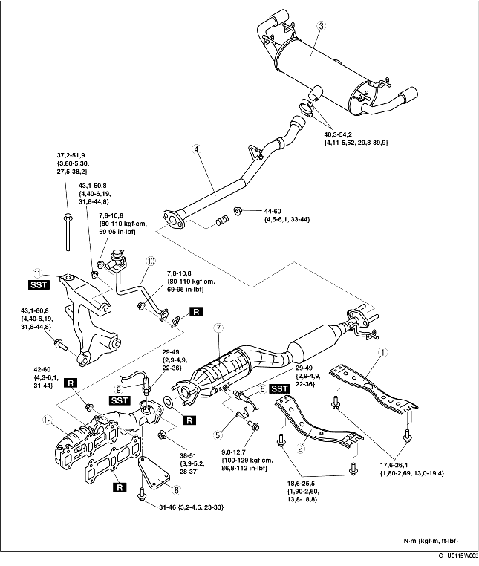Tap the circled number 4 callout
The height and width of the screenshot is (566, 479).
[x=197, y=149]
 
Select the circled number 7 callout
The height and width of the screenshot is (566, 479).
[x=218, y=328]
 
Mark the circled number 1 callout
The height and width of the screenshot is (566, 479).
[x=382, y=351]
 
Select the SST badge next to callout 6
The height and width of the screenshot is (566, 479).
[x=279, y=388]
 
